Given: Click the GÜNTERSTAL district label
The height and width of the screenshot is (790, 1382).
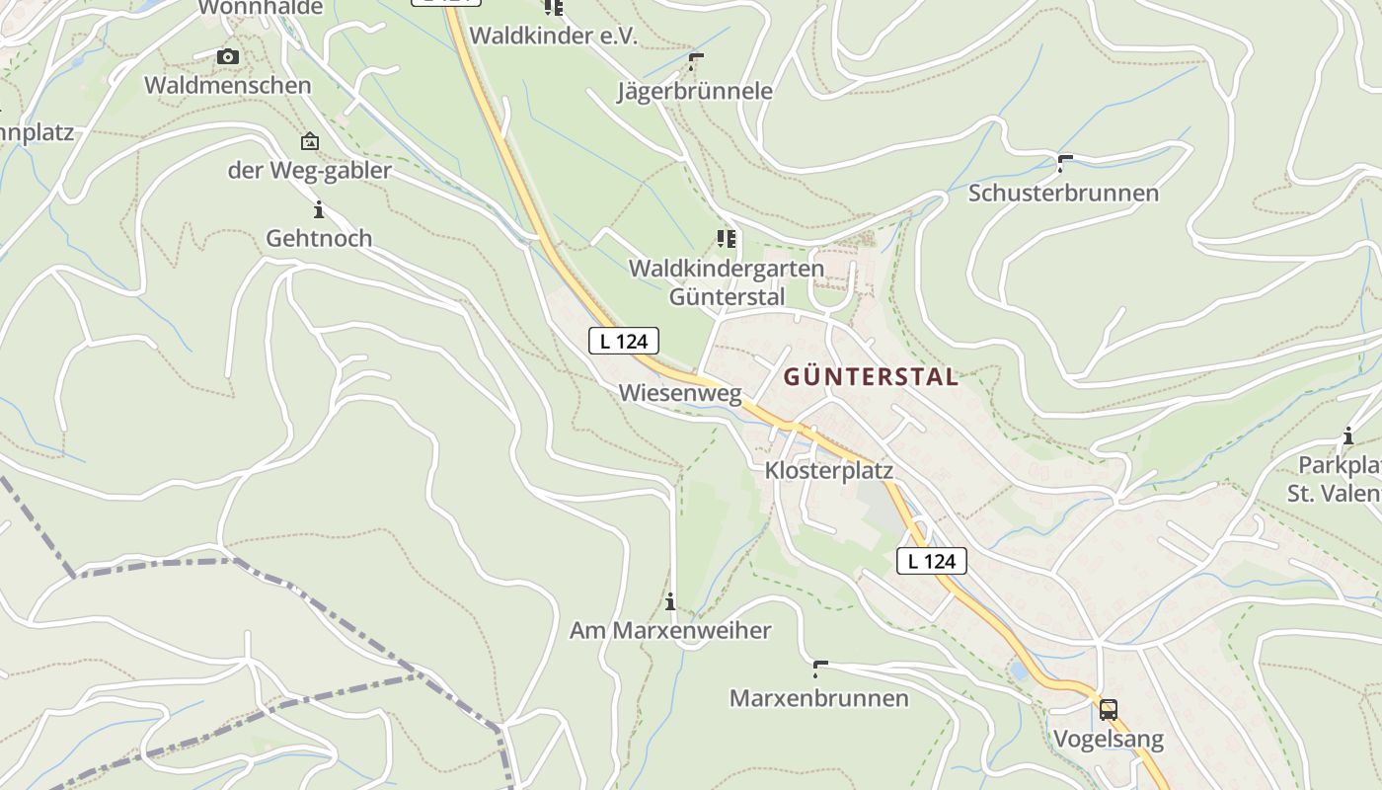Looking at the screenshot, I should [871, 376].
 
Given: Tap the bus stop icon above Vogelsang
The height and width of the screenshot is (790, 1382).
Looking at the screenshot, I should [1109, 709].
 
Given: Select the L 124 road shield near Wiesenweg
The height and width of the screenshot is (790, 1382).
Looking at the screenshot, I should [623, 342].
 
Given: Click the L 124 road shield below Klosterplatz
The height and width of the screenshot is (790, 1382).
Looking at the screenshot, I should [931, 561].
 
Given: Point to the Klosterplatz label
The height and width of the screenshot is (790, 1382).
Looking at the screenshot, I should [828, 471].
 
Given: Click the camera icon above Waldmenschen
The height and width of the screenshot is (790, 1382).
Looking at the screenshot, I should [228, 57].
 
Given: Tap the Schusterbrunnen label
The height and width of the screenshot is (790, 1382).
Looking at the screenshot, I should [1063, 193].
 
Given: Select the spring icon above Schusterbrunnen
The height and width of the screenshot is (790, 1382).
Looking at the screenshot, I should [1064, 163].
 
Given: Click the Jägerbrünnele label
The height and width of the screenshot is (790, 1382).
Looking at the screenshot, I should [694, 91].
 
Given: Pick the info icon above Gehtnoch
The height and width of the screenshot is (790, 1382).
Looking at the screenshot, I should [318, 209].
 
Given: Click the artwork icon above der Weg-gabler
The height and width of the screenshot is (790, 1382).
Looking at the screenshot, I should [310, 142].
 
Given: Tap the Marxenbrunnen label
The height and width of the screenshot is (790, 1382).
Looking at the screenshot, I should [818, 698].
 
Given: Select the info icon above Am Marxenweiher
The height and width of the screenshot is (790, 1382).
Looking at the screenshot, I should [670, 601].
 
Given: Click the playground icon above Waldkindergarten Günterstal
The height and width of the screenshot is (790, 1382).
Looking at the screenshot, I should [727, 239].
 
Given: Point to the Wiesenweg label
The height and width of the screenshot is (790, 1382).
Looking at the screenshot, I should [679, 393].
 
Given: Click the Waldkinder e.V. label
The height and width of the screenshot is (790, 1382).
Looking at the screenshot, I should [553, 36].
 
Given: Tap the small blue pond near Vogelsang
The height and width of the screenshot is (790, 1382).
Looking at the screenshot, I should [1018, 671].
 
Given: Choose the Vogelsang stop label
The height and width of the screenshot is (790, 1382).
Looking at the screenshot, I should [1108, 739].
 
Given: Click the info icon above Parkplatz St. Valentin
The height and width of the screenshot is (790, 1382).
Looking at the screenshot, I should [1347, 435].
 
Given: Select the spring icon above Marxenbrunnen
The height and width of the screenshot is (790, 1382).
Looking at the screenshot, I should [818, 670].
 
